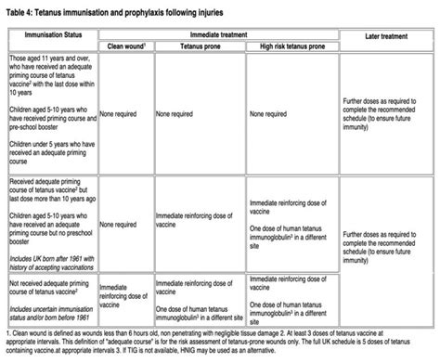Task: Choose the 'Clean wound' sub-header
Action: tap(122, 44)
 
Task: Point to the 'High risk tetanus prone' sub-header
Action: tap(288, 44)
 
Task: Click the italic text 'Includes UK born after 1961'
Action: tap(51, 250)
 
